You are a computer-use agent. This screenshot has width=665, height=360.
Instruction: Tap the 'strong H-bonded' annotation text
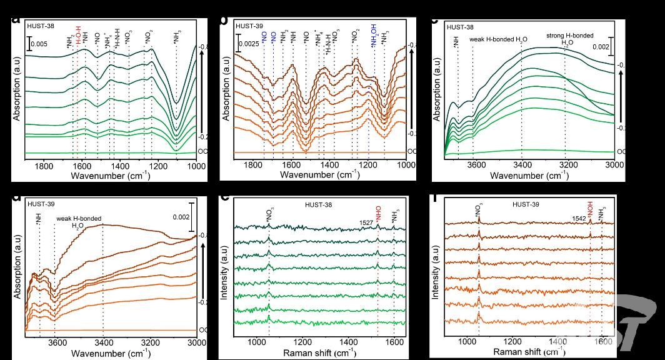click(570, 36)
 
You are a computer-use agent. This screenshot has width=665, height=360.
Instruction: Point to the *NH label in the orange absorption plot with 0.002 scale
click(39, 218)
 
